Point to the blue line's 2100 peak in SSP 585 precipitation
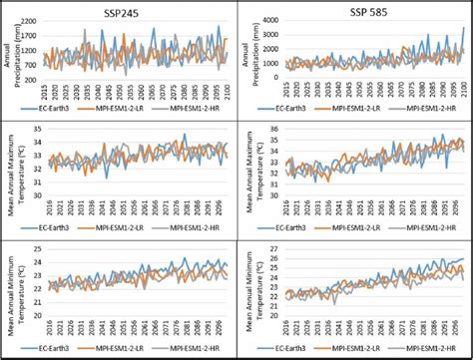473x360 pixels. [x=463, y=28]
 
